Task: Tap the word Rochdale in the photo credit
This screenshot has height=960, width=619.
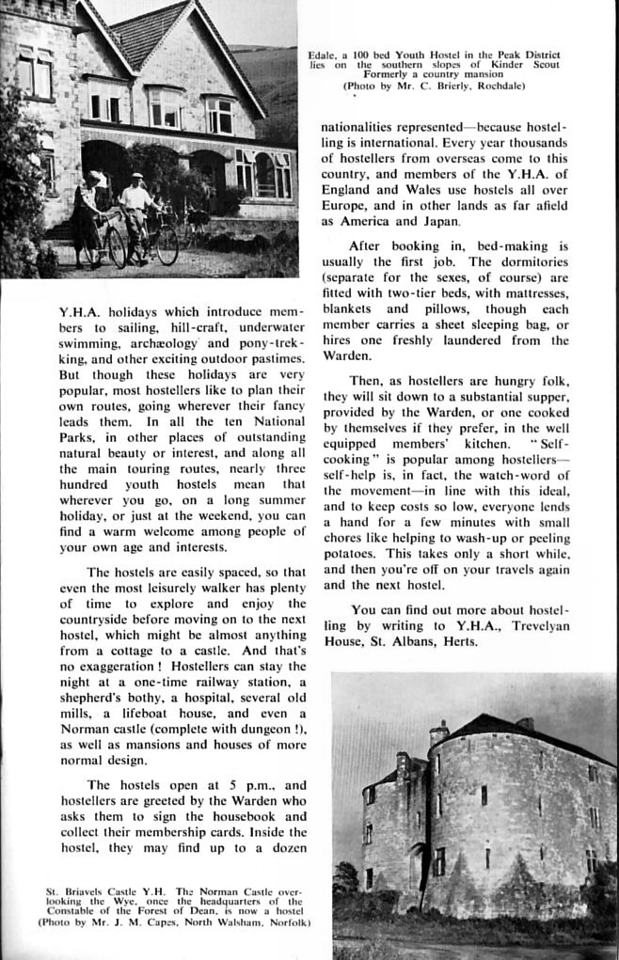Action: point(497,87)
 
